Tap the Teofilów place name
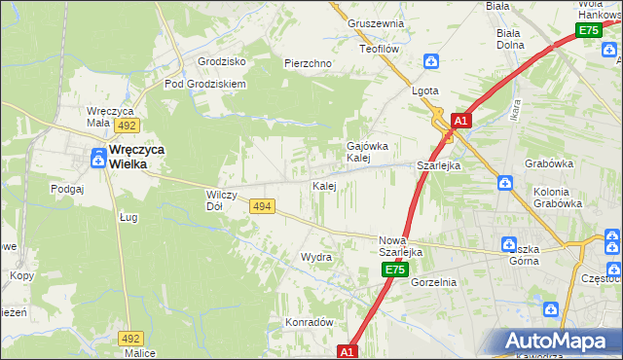coord(381,48)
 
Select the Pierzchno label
coord(308,63)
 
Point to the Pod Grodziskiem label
coord(204,84)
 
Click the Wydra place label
coord(316,258)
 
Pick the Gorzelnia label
coord(433,282)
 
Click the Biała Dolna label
coord(509,38)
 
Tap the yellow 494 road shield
coord(261,206)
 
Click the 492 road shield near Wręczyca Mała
coord(127,126)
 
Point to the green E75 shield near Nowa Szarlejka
coord(392,270)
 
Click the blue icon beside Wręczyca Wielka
coord(99,153)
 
